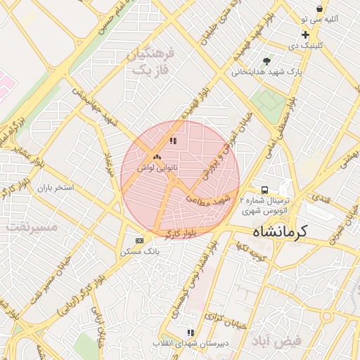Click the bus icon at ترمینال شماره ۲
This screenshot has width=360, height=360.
[x=264, y=190]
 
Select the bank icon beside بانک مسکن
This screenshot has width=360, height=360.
[x=139, y=240]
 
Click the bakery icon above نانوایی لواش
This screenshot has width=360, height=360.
[x=156, y=156]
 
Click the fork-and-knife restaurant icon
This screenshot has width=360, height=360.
[x=173, y=141]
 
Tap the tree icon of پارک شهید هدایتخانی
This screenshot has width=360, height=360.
[x=266, y=61]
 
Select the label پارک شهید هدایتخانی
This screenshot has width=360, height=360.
[x=266, y=72]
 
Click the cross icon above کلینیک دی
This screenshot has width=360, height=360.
[x=305, y=34]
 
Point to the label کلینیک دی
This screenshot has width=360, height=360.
[x=306, y=45]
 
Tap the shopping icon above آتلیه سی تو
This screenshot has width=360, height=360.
[x=320, y=9]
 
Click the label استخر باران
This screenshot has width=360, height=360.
[x=55, y=188]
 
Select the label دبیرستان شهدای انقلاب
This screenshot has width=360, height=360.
[x=190, y=344]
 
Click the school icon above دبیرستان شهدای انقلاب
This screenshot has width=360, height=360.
[x=190, y=333]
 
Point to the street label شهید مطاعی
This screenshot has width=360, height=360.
[x=209, y=200]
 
